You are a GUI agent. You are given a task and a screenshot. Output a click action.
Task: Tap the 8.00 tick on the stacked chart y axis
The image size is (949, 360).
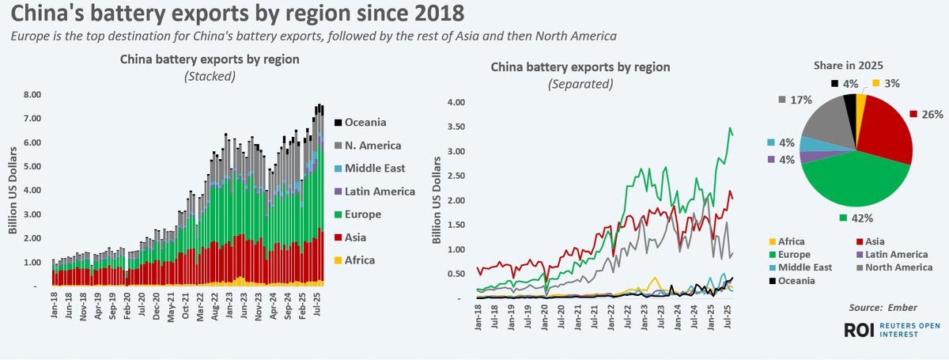tap(32, 94)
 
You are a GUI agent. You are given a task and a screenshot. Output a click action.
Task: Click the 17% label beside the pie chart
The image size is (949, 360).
tap(805, 100)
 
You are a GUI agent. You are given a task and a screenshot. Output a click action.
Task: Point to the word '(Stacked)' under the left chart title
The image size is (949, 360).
tap(210, 76)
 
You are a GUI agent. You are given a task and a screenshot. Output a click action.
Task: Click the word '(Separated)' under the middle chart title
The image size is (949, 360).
tap(580, 83)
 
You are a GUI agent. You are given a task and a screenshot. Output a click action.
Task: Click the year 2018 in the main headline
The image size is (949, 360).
tap(429, 14)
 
